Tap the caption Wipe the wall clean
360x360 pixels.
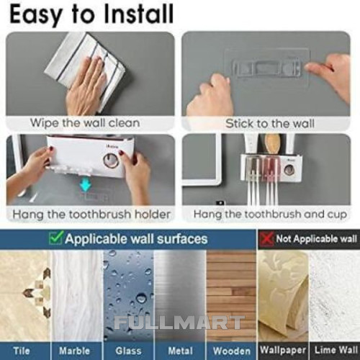(x=85, y=123)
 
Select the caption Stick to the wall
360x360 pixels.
(x=270, y=124)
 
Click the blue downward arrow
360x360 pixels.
(x=85, y=185)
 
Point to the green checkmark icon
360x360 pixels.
(x=56, y=238)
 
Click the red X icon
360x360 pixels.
(x=267, y=239)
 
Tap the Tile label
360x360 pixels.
(x=22, y=351)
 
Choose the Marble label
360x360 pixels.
(x=74, y=351)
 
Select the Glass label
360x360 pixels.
(x=128, y=351)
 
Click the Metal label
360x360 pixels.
(x=181, y=351)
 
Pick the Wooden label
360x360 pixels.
(x=232, y=351)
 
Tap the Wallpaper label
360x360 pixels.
(x=283, y=350)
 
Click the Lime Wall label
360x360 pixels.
(x=336, y=350)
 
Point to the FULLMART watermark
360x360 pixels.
(x=179, y=323)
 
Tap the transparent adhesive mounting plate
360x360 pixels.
(x=266, y=67)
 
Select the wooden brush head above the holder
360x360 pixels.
(x=272, y=145)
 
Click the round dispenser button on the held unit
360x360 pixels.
(x=111, y=161)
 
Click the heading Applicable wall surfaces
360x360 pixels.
(x=136, y=239)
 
